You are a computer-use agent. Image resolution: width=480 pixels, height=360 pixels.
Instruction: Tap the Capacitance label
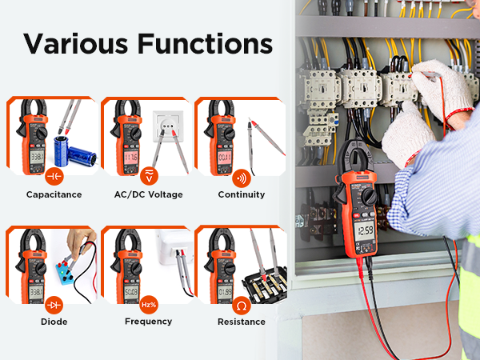coord(54,194)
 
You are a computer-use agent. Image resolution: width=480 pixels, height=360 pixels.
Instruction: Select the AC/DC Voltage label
coord(148,194)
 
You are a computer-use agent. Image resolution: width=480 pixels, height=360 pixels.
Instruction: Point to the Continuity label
coord(242,194)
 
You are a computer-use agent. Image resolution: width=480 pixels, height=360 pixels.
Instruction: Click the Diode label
coord(54,322)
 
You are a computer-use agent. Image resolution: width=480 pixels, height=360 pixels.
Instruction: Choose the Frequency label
coord(148,322)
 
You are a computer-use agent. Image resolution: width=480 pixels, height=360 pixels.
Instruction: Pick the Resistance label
coord(242,322)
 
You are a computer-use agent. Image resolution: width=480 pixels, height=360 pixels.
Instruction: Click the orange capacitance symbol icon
coord(54,176)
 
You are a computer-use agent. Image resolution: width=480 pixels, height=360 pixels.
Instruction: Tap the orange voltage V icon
coord(148,176)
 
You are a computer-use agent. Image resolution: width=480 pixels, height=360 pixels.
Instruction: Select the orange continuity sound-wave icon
coord(242,176)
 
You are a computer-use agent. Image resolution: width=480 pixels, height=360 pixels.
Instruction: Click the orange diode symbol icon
coord(54,304)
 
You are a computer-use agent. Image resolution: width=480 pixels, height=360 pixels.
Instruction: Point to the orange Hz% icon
coord(148,304)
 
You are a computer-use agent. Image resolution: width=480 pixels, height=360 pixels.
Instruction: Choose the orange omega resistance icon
coord(242,304)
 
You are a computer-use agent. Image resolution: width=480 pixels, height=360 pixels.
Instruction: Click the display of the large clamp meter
coord(365,231)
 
